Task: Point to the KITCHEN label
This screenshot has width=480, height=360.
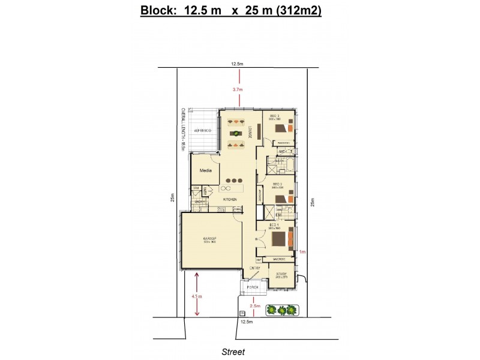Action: point(230,199)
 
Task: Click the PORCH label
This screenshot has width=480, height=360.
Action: point(253,287)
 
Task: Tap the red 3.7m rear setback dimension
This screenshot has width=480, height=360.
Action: point(239,89)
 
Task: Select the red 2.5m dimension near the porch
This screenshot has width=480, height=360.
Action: point(255,305)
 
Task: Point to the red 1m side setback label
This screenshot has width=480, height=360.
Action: point(302,253)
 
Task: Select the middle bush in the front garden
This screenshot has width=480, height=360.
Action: point(281,310)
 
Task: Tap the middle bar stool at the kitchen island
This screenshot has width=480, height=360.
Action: point(235,181)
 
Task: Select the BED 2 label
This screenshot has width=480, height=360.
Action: point(277,184)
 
